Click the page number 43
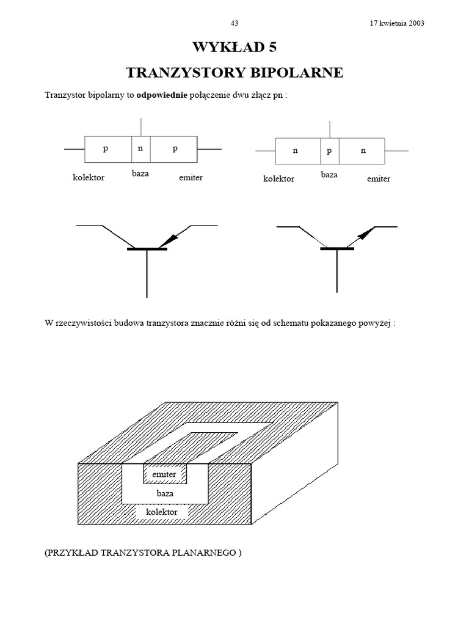234,23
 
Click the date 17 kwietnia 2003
397,23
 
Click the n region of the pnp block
140,149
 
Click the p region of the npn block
329,150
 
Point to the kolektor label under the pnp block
89,178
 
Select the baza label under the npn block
329,175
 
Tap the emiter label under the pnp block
191,178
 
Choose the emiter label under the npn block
379,179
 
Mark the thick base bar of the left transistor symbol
147,249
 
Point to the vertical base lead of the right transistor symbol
337,272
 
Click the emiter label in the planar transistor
164,474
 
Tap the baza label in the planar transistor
165,492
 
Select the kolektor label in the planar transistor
162,511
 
